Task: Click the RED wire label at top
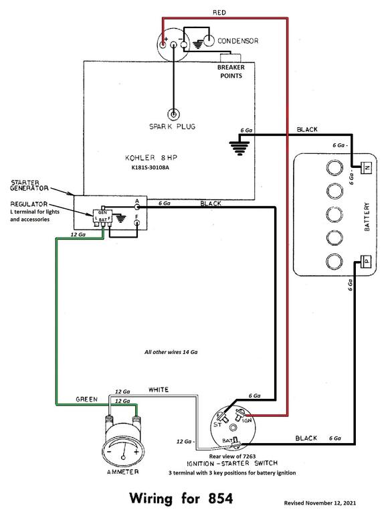point(219,13)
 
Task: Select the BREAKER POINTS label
point(229,71)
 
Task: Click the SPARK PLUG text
point(174,126)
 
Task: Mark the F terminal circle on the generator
point(137,224)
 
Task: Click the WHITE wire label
point(159,389)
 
